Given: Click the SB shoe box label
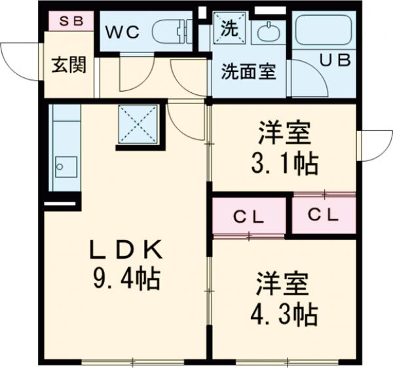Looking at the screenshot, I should (71, 20).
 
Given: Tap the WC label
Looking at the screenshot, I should (124, 32).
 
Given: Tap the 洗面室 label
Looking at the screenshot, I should (248, 71).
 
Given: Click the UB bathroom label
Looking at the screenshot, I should (335, 60).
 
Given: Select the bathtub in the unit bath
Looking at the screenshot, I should (323, 30).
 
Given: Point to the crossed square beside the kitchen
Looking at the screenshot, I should (138, 125).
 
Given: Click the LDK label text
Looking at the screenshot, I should (125, 249).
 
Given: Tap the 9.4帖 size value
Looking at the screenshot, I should (126, 280).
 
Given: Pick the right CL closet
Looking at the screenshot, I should (324, 214).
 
